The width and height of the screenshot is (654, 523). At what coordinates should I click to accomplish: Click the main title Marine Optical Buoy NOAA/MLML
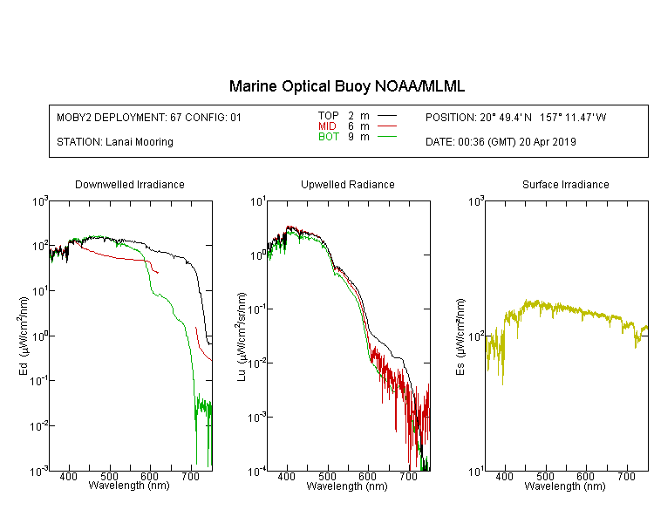click(x=346, y=86)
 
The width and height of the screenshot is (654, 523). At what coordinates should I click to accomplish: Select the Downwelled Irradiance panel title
click(x=130, y=184)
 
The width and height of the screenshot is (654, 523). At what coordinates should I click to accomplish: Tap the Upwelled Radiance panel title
click(x=347, y=184)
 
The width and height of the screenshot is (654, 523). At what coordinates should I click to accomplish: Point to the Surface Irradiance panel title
click(x=566, y=184)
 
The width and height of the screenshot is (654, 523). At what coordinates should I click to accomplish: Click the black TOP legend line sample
click(x=387, y=116)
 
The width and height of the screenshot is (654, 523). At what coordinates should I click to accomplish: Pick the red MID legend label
click(x=327, y=126)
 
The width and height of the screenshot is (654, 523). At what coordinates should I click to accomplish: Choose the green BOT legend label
click(x=329, y=137)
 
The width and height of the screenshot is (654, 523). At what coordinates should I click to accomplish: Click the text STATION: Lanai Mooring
click(x=115, y=142)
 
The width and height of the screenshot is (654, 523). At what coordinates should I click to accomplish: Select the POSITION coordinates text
click(x=516, y=117)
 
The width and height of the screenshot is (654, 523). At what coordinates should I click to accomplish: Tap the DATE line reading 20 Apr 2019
click(x=501, y=142)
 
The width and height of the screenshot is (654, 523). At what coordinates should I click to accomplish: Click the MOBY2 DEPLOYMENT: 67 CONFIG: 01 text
click(x=149, y=117)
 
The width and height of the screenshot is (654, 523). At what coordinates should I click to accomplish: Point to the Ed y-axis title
click(x=24, y=336)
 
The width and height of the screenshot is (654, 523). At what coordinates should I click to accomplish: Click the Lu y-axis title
click(x=242, y=336)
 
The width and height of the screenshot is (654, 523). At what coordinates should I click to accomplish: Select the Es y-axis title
click(x=460, y=336)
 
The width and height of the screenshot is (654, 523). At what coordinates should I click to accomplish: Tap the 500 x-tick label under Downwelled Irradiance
click(x=109, y=476)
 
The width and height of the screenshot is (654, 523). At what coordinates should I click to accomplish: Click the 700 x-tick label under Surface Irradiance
click(x=626, y=476)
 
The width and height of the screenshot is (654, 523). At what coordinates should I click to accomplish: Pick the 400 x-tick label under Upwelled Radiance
click(x=287, y=476)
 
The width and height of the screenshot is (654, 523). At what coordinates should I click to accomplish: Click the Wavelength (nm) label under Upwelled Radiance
click(x=347, y=486)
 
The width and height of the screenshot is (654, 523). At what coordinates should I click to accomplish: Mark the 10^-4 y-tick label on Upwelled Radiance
click(x=257, y=472)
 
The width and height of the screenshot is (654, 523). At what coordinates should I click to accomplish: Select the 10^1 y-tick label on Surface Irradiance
click(x=476, y=472)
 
